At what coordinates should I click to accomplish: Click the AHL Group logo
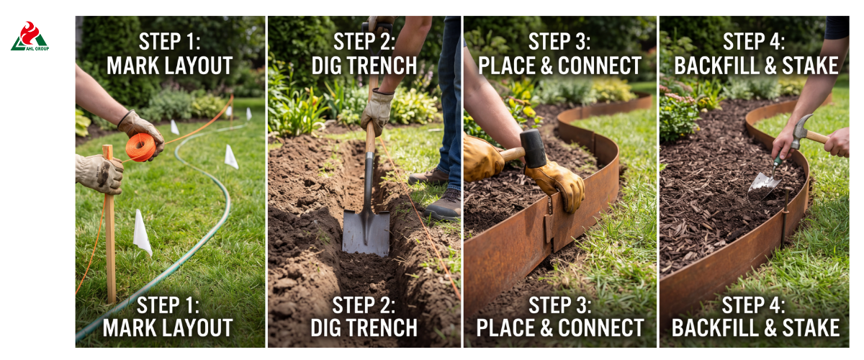point(30,36)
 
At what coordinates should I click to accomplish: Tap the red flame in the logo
point(30,32)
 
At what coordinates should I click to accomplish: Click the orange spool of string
point(141,147)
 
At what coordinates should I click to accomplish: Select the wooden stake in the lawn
point(109,224)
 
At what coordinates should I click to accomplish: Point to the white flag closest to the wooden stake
point(142,233)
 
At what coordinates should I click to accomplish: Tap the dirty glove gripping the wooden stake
point(99,174)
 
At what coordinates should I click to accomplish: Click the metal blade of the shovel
point(366,233)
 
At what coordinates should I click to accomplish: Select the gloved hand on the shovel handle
point(377,111)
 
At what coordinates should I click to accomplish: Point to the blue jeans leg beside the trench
point(451,100)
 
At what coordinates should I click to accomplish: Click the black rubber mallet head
point(533,148)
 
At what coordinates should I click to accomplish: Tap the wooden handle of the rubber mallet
point(511,155)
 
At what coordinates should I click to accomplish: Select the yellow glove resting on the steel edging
point(557,184)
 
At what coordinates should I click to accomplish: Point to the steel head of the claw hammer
point(801,130)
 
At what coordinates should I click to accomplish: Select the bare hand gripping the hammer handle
point(837,142)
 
